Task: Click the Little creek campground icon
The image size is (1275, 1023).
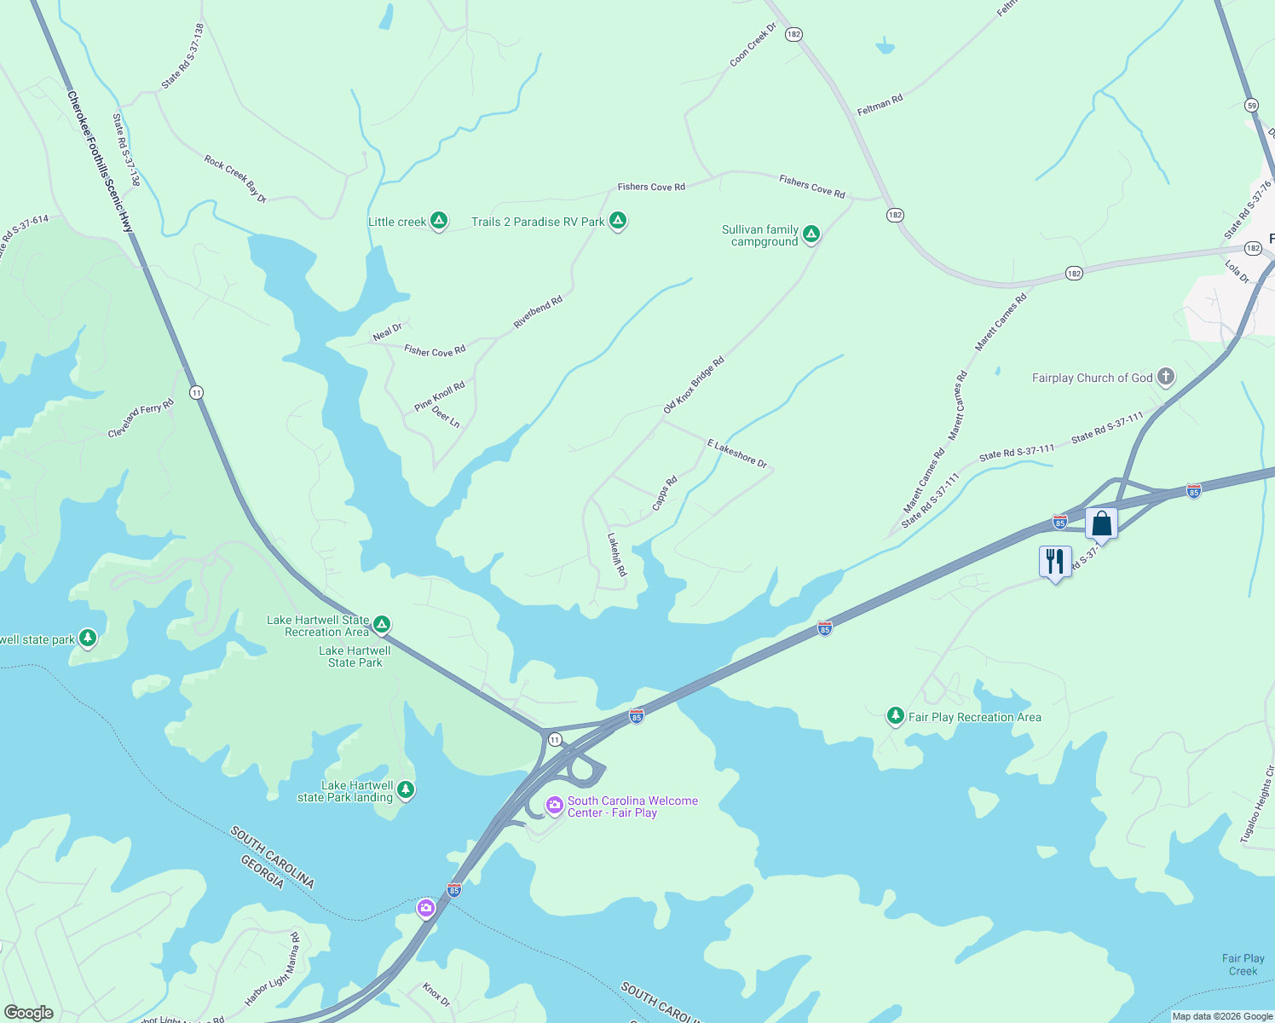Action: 439,222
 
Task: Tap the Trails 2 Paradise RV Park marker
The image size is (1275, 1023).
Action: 618,222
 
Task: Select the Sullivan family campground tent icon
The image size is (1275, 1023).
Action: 811,234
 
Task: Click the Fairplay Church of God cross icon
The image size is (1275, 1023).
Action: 1166,377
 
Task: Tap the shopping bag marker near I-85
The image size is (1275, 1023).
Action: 1101,523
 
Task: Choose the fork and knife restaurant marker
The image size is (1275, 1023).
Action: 1055,562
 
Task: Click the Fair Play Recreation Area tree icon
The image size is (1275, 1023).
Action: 895,716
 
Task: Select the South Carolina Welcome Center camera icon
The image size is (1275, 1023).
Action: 555,806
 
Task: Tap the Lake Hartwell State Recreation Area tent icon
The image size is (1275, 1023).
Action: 383,625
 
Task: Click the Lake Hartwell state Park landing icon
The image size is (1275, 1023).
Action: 407,790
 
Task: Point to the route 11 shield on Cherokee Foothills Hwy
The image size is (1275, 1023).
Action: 197,393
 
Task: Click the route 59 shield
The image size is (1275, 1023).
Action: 1251,106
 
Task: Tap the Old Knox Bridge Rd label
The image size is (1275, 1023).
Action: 694,385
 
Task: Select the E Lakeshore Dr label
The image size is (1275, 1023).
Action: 737,454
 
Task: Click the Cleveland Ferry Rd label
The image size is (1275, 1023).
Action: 141,419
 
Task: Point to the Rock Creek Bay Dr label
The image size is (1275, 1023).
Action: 235,179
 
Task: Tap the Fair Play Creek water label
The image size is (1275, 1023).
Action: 1243,964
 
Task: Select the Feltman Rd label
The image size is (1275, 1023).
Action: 880,105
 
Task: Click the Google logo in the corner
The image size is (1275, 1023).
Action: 28,1012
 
